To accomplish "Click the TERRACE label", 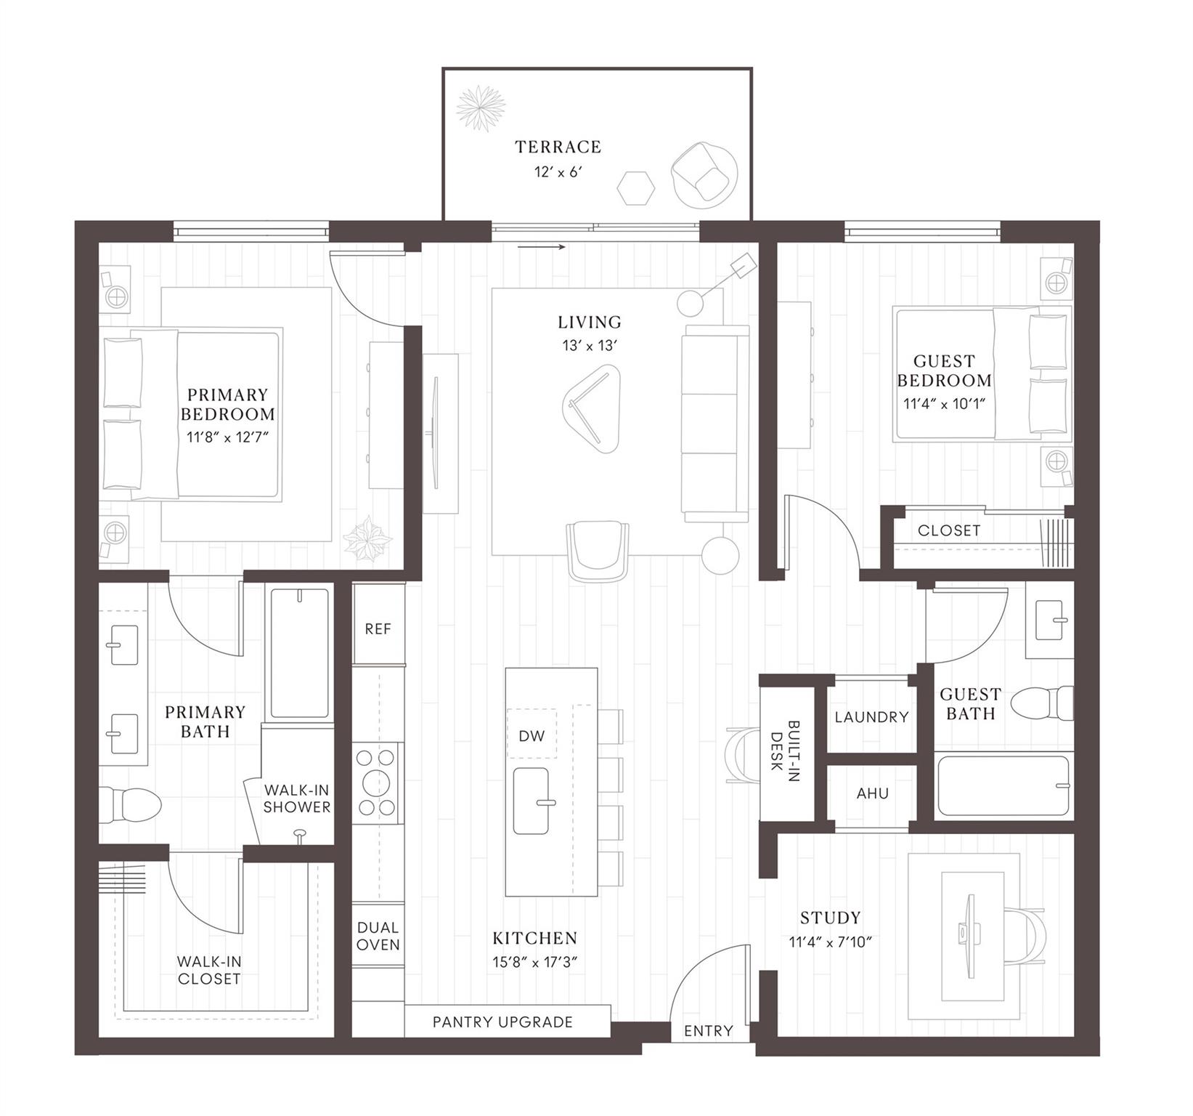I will pyautogui.click(x=558, y=147).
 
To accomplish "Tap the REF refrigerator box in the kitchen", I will pyautogui.click(x=378, y=628).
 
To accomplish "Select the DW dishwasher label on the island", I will pyautogui.click(x=532, y=735).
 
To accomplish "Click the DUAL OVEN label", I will pyautogui.click(x=378, y=936).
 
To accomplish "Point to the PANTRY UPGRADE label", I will pyautogui.click(x=502, y=1022).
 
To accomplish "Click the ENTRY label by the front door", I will pyautogui.click(x=708, y=1030).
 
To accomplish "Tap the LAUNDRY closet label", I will pyautogui.click(x=871, y=717).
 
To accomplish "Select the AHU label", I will pyautogui.click(x=872, y=793).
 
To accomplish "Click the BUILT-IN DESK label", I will pyautogui.click(x=785, y=751).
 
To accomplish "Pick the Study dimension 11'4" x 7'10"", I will pyautogui.click(x=830, y=942).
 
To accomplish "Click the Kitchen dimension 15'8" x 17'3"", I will pyautogui.click(x=534, y=962).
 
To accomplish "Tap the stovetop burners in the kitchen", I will pyautogui.click(x=378, y=783).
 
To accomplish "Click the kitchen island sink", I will pyautogui.click(x=531, y=801).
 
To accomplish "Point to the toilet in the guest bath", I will pyautogui.click(x=1041, y=703).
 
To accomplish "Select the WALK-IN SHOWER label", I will pyautogui.click(x=296, y=798).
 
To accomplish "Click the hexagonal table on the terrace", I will pyautogui.click(x=636, y=187).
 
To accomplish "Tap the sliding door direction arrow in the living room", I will pyautogui.click(x=542, y=247).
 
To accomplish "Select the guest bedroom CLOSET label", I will pyautogui.click(x=948, y=530).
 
